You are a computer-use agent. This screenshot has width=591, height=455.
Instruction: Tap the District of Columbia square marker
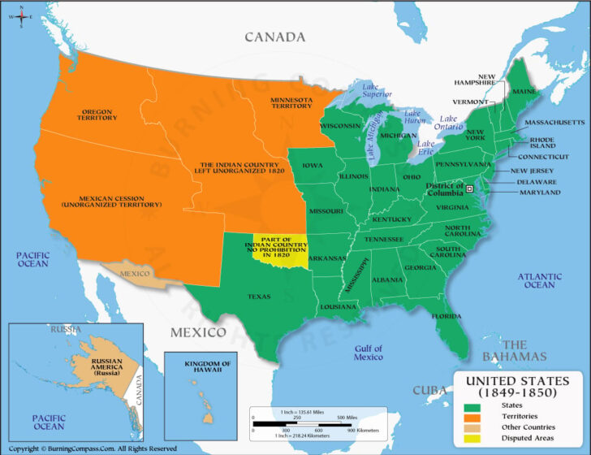click(x=468, y=188)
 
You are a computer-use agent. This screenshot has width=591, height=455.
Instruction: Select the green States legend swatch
click(x=472, y=404)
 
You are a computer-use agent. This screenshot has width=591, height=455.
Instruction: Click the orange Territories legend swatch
click(x=472, y=416)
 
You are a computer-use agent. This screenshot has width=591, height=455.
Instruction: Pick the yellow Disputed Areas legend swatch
click(x=472, y=438)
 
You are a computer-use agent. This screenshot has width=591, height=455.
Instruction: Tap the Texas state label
click(x=258, y=297)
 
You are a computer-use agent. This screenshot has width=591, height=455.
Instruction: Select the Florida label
click(x=446, y=315)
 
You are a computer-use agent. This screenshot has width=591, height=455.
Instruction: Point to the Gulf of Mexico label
click(x=368, y=353)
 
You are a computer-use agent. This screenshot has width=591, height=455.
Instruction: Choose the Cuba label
click(x=427, y=390)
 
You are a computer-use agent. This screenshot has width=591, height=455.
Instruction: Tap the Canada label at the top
click(x=275, y=37)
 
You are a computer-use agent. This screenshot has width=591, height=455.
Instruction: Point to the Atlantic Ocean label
click(x=539, y=280)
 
